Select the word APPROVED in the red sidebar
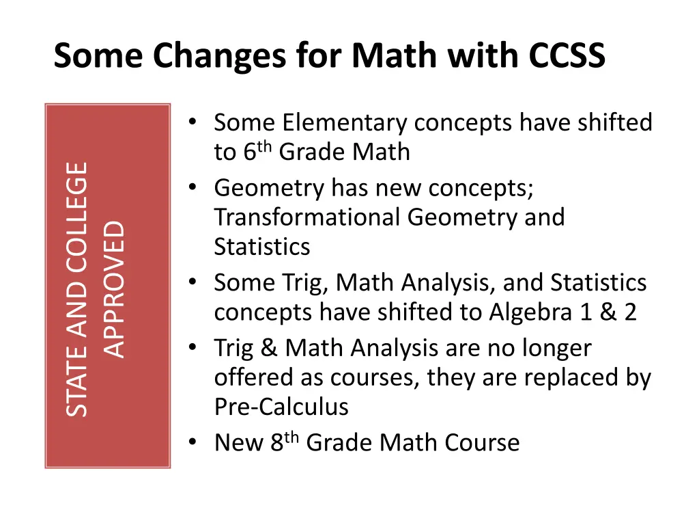tap(115, 288)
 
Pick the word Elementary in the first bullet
tap(345, 123)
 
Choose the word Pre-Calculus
tap(281, 407)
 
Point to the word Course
tap(483, 443)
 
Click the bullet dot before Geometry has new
tap(194, 187)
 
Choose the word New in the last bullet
tap(239, 443)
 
